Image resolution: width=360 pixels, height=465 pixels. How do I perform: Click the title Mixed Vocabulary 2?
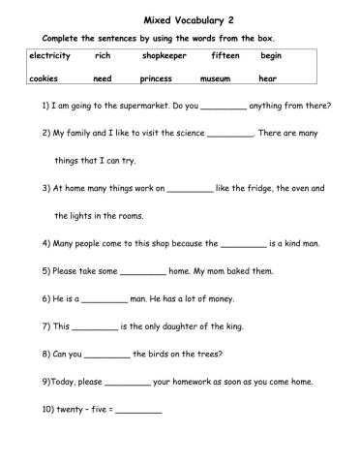[x=181, y=18]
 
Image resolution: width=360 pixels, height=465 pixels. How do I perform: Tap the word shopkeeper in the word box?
[x=164, y=55]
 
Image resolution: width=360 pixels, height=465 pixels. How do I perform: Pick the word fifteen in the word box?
[x=225, y=55]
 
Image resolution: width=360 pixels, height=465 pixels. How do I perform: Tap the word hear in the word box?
[x=268, y=78]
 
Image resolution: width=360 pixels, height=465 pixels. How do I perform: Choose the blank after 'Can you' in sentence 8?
[x=107, y=356]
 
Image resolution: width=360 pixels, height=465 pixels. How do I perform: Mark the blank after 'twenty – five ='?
[x=139, y=412]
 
